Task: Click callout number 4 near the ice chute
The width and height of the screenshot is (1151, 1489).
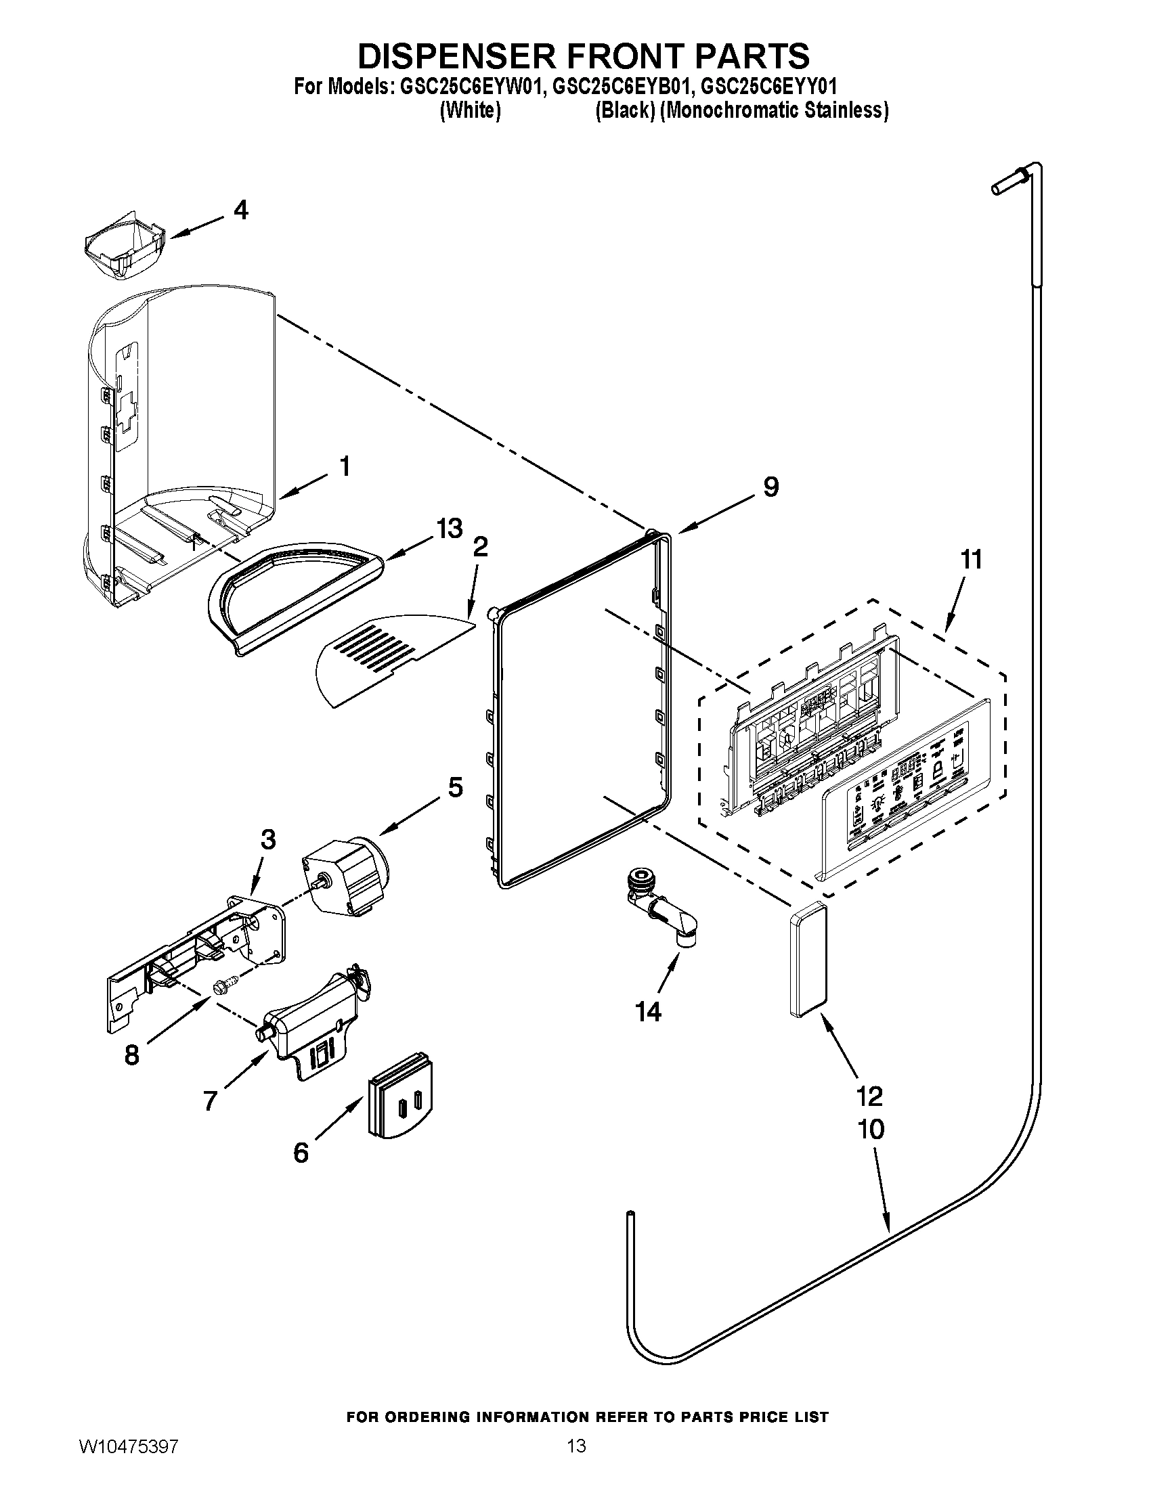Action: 240,210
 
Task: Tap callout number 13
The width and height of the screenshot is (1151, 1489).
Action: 450,529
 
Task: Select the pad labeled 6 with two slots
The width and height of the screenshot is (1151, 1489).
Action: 401,1097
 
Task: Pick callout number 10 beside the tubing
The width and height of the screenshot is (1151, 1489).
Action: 871,1129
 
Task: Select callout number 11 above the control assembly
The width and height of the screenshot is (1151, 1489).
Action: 971,560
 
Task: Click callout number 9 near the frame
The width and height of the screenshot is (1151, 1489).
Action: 770,487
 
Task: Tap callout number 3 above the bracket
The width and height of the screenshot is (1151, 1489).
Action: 268,840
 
